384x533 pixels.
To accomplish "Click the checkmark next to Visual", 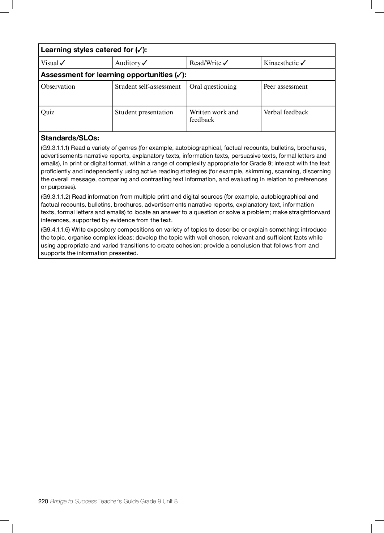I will (x=63, y=63).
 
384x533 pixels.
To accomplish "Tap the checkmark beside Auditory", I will (x=145, y=63).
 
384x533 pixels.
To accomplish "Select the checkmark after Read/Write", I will (x=226, y=63).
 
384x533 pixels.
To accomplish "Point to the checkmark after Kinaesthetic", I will (x=303, y=63).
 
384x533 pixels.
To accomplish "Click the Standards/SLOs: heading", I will (x=70, y=138).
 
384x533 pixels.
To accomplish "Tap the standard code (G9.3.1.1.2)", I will (x=55, y=197).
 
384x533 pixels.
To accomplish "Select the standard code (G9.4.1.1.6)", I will (x=55, y=230).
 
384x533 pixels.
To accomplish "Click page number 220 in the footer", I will (x=43, y=501).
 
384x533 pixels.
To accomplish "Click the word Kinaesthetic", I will (x=281, y=63).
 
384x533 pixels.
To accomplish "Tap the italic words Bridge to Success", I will (x=73, y=501).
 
